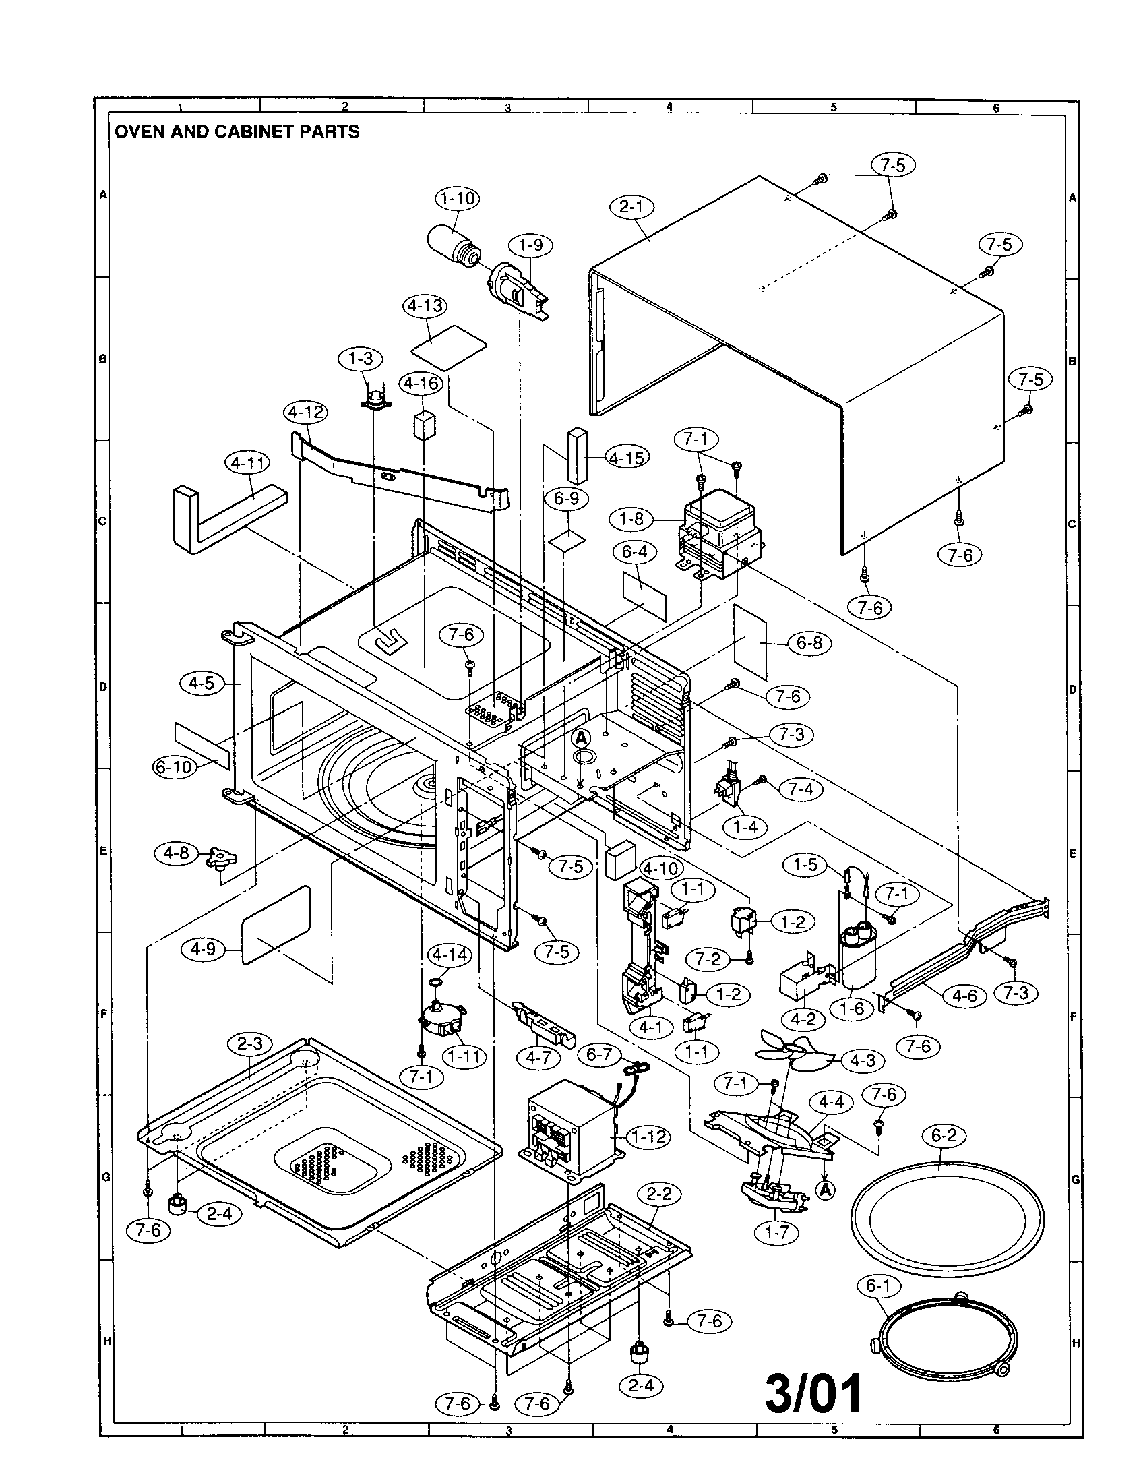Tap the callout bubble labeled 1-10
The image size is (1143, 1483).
(x=456, y=198)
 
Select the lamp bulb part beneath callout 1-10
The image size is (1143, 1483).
(x=454, y=249)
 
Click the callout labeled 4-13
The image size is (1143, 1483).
(x=425, y=305)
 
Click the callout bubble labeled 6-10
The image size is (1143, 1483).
(x=173, y=767)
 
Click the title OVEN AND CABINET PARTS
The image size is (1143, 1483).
(x=237, y=131)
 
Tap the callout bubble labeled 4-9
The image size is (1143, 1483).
(x=203, y=948)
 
